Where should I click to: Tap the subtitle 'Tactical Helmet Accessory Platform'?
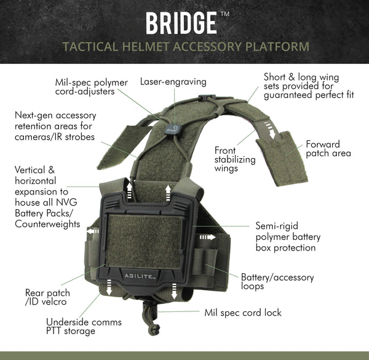click(x=184, y=47)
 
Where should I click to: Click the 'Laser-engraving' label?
click(x=173, y=81)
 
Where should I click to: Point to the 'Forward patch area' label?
click(x=328, y=148)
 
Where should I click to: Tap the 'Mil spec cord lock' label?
click(x=242, y=313)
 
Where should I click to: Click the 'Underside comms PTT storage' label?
click(x=84, y=326)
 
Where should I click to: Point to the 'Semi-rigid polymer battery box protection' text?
click(x=287, y=236)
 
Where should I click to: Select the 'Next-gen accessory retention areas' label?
click(x=55, y=126)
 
